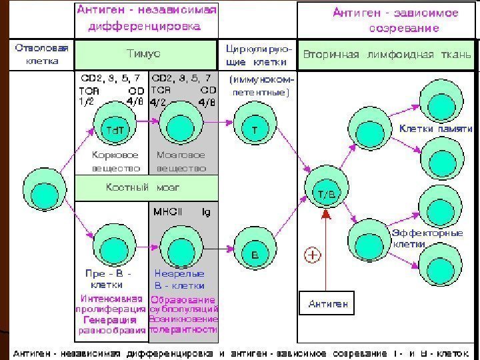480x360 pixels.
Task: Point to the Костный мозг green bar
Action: tap(146, 187)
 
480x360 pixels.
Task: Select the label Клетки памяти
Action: tap(435, 128)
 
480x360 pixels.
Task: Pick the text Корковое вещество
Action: tap(115, 161)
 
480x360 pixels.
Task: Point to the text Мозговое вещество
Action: tap(181, 161)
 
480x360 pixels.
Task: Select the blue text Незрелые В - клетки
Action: tap(180, 279)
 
